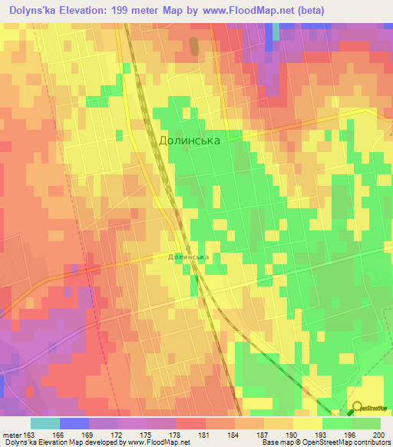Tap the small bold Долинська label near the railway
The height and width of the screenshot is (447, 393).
pos(188,258)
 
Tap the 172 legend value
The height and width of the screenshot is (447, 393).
pos(118,435)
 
